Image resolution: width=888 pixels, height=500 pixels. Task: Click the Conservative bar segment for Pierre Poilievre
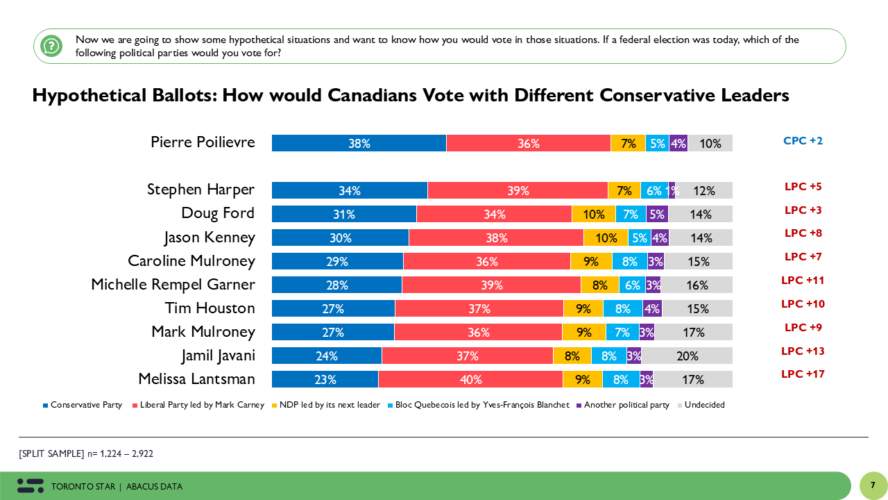359,143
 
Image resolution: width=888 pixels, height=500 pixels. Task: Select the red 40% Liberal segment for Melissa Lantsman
470,379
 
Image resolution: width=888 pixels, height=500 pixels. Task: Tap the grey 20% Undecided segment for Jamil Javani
687,356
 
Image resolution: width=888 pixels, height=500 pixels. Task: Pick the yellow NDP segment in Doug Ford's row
593,214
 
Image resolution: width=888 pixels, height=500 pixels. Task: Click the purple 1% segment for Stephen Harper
672,190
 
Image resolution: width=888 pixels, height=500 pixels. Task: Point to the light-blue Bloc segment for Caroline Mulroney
629,261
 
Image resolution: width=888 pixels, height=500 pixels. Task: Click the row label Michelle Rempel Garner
173,285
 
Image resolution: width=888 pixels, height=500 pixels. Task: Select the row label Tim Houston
210,308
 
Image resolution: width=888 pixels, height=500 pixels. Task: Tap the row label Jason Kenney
210,237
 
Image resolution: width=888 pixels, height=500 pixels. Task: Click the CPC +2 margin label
803,141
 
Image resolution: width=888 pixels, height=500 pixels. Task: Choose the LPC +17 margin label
803,374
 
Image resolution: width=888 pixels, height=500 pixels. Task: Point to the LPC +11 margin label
803,280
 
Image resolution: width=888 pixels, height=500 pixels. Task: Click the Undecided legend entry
704,405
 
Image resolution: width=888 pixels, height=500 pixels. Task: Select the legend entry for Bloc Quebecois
481,405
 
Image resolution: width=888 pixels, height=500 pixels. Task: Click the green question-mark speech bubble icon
51,47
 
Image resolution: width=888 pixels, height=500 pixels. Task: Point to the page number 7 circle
873,485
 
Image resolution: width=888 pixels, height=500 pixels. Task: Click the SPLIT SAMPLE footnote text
86,453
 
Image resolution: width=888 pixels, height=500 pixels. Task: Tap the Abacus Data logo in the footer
30,485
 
